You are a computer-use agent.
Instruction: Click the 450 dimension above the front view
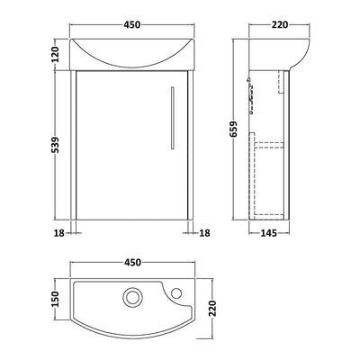pos(131,25)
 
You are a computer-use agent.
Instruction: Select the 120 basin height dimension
pos(55,54)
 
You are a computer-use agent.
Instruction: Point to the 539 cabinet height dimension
pos(55,145)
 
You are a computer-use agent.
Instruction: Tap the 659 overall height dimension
pos(233,129)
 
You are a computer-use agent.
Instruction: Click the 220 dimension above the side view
pos(280,25)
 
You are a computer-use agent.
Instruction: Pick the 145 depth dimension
pos(268,233)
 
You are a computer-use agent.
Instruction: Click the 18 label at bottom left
pos(59,233)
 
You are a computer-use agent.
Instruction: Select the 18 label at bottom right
pos(205,233)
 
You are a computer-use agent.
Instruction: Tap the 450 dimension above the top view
pos(131,262)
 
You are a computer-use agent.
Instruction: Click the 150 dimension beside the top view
pos(55,299)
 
